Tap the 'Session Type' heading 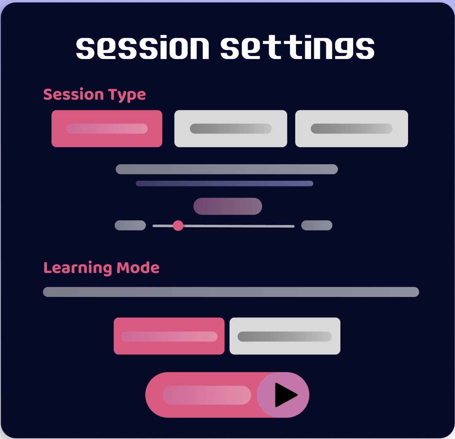tap(95, 94)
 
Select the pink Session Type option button tap(107, 129)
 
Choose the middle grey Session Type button tap(231, 129)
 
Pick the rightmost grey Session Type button tap(351, 129)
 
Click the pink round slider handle tap(178, 225)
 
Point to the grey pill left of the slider tap(130, 225)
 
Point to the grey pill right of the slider tap(317, 225)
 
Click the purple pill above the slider tap(227, 206)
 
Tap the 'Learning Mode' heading tap(101, 268)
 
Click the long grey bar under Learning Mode tap(231, 292)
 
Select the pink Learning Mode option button tap(169, 336)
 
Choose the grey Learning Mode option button tap(285, 336)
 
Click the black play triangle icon tap(285, 395)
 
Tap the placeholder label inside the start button tap(206, 395)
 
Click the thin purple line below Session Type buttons tap(224, 184)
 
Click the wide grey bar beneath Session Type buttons tap(227, 169)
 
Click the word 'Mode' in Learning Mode tap(138, 268)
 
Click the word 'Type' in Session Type tap(127, 95)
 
